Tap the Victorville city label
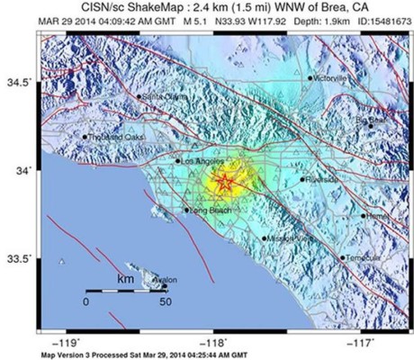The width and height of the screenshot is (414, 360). (x=329, y=78)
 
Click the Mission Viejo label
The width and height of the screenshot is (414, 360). (x=290, y=238)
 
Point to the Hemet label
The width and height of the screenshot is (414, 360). (x=378, y=216)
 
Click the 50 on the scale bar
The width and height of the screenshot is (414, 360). (x=166, y=302)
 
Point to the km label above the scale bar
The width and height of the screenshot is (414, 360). (x=126, y=280)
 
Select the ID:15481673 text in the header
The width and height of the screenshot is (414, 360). (x=372, y=22)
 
